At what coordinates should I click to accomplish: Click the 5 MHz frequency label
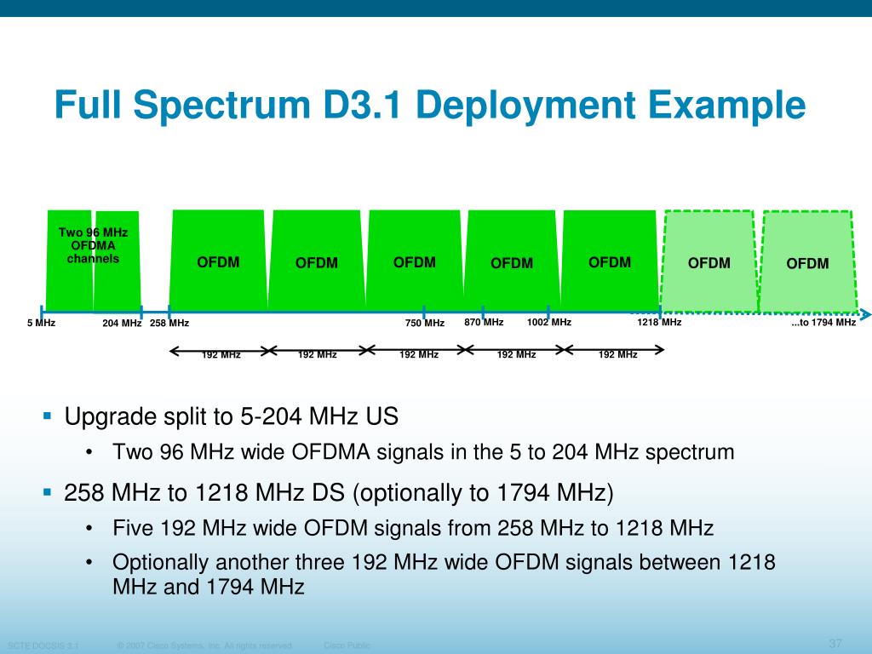(41, 324)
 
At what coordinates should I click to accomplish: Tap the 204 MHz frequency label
(122, 324)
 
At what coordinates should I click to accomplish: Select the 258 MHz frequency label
(169, 324)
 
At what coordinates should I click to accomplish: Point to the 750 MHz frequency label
(425, 324)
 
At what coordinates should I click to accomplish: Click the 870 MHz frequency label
(484, 323)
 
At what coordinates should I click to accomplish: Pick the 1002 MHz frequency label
(549, 323)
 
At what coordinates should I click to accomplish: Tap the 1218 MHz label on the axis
(659, 323)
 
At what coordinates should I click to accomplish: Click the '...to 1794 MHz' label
(823, 323)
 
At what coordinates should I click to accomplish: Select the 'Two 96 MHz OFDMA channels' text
(93, 245)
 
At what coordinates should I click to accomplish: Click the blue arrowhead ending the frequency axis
(865, 314)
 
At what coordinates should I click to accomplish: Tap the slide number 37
(835, 642)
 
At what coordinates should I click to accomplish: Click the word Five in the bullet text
(133, 529)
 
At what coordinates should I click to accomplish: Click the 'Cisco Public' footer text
(347, 645)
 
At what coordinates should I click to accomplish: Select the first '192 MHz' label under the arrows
(221, 355)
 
